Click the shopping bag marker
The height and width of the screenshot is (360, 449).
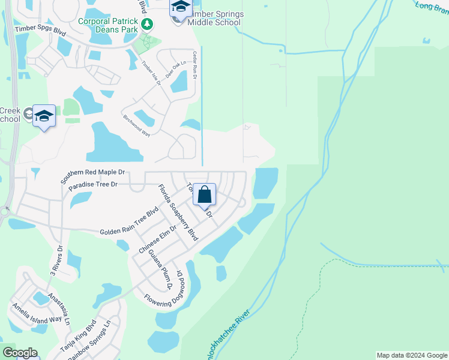tap(204, 196)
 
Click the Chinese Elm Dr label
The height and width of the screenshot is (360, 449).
tap(157, 238)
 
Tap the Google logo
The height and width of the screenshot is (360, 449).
tap(20, 353)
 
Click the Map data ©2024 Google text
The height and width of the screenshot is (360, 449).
tap(411, 355)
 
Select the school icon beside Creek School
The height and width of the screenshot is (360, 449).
tap(44, 116)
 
